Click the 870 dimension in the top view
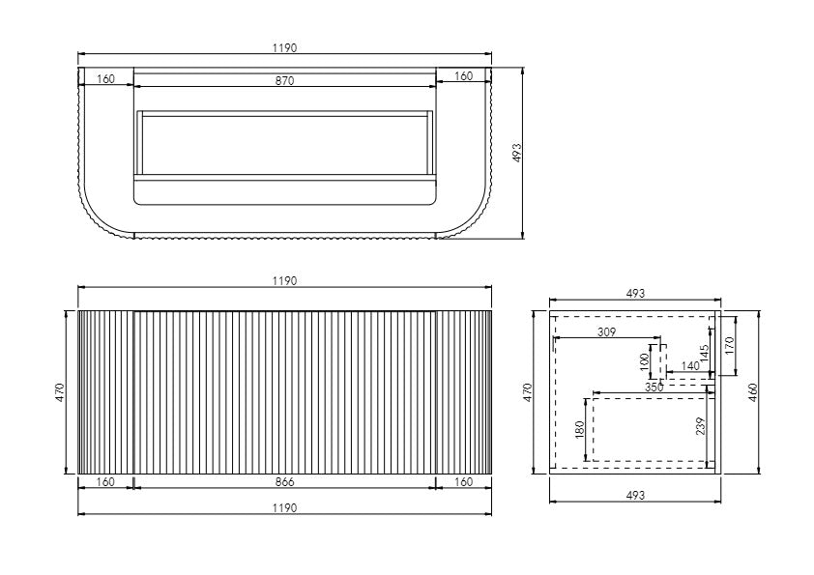[284, 81]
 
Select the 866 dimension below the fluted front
[284, 481]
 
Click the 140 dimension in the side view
[689, 365]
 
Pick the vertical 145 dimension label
[705, 352]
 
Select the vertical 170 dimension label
[730, 342]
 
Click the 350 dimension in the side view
[654, 388]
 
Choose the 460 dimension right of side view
[753, 393]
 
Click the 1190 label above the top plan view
[284, 46]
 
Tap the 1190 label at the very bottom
[284, 507]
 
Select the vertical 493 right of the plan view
[516, 153]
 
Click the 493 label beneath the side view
[634, 495]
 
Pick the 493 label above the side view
[634, 292]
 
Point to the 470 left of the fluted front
[59, 392]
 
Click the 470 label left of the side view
[528, 392]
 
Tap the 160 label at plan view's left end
[105, 78]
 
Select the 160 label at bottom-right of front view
[464, 481]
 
